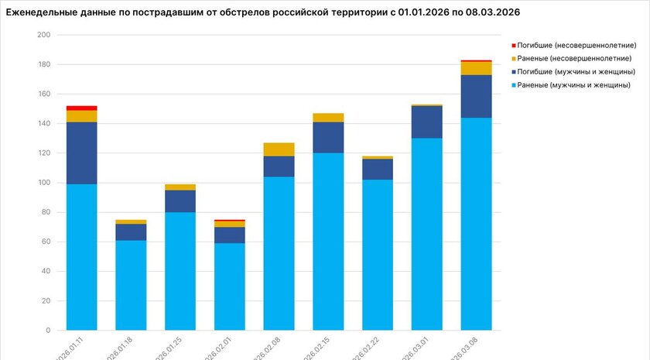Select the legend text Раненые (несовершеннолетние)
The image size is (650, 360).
[574, 59]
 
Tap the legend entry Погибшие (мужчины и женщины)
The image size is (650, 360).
[574, 72]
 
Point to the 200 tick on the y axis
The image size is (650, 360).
[43, 35]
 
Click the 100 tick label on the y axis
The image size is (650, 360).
[43, 183]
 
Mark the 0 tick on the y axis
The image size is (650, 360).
[48, 331]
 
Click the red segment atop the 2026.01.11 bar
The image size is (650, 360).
[81, 108]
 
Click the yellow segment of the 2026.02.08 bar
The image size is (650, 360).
[279, 149]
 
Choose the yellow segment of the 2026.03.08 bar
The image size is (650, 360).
[476, 68]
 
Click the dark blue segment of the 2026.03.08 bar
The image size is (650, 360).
[476, 96]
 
